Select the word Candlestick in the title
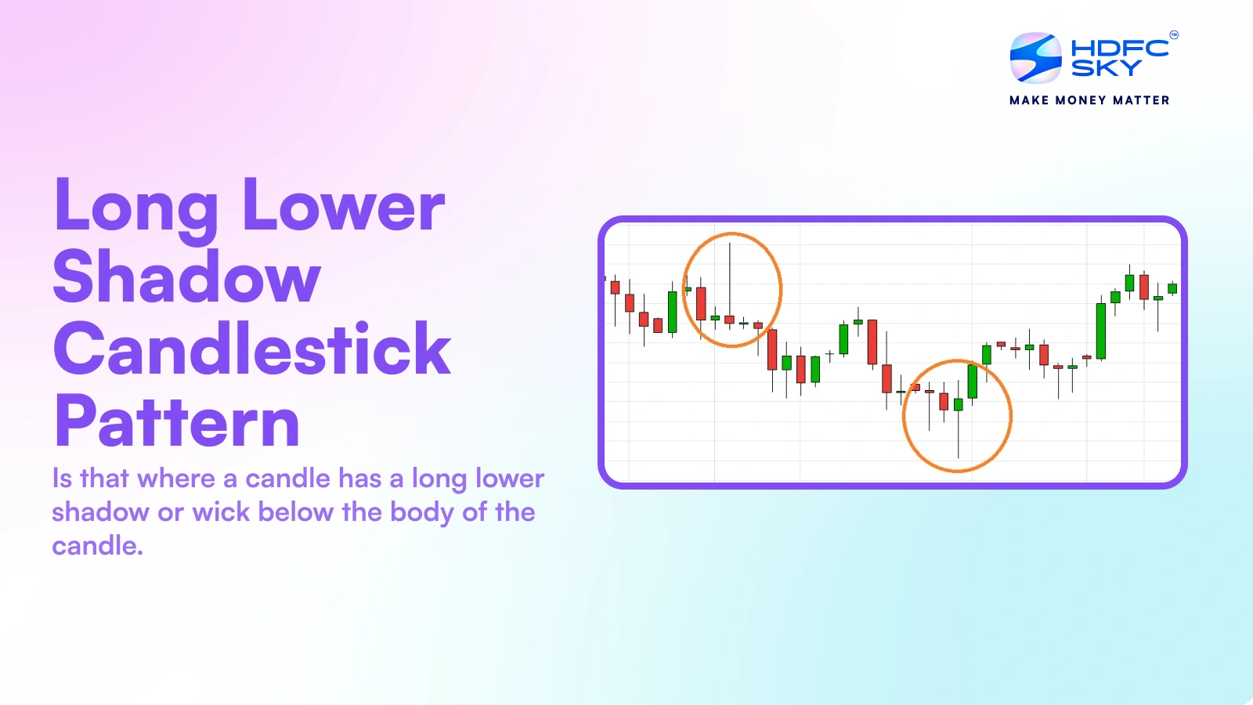251,349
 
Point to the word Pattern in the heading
177,421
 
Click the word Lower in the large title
343,205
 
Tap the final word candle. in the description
97,546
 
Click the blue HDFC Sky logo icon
1035,58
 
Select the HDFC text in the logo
1120,48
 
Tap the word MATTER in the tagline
1141,100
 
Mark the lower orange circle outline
1011,416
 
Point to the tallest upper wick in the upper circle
730,274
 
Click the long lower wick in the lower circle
959,435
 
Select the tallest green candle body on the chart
1101,331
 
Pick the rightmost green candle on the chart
1172,288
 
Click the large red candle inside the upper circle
701,303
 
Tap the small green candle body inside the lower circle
959,404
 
